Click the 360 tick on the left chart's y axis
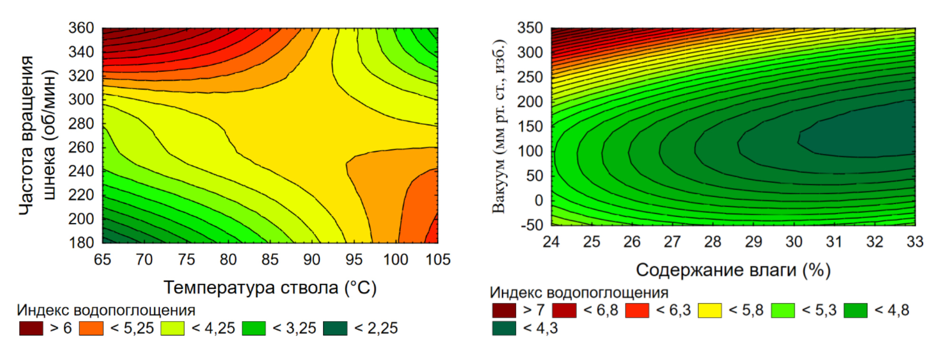tap(81, 28)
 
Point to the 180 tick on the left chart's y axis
tap(81, 242)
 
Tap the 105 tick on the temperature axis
tap(438, 259)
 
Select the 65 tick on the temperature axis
tap(102, 259)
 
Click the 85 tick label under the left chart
tap(270, 259)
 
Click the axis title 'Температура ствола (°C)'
tap(270, 287)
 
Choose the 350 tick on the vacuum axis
tap(530, 28)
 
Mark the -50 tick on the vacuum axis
tap(531, 225)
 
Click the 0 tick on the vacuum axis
tap(539, 200)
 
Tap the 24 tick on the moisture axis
tap(551, 242)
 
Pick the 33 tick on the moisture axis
tap(915, 242)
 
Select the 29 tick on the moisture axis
tap(753, 242)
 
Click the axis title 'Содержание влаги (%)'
tap(733, 270)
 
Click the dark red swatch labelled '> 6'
tap(31, 328)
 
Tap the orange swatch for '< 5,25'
tap(91, 328)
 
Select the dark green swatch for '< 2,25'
tap(335, 328)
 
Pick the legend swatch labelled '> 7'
tap(504, 310)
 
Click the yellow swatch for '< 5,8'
tap(710, 310)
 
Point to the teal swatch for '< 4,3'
tap(504, 328)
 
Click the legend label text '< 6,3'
tap(673, 310)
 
